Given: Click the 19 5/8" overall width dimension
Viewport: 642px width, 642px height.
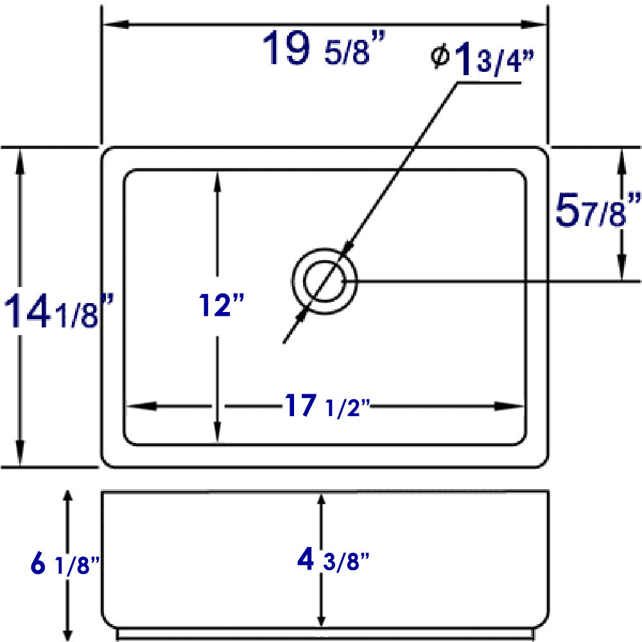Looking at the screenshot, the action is (324, 49).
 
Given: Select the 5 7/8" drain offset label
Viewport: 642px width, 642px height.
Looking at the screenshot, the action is (598, 211).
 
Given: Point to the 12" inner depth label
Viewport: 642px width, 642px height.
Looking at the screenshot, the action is (221, 305).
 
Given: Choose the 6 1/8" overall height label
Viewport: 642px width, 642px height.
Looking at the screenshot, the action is (65, 564).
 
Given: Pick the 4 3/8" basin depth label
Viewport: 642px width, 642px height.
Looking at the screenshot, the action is (333, 559).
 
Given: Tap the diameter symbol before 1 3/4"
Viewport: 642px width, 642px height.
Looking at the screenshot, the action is (440, 56).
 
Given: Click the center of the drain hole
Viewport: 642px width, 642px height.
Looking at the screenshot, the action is (324, 281).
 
